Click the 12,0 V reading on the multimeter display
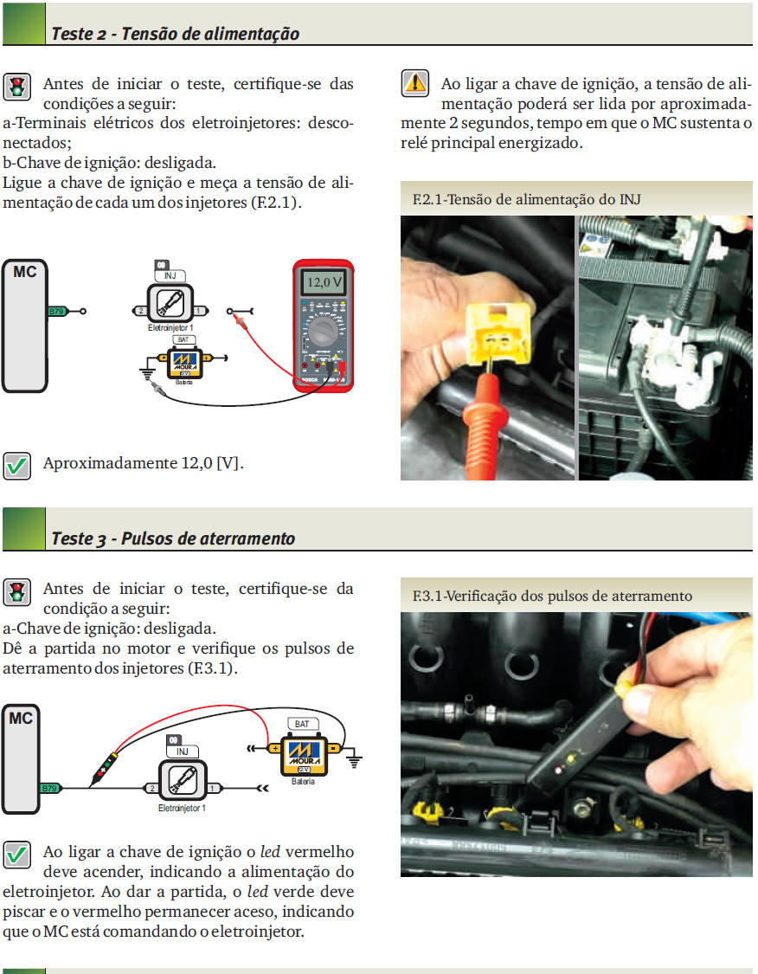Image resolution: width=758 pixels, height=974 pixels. [322, 282]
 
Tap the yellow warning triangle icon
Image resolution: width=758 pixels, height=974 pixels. [415, 83]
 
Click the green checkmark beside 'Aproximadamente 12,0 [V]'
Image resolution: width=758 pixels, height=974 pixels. [16, 465]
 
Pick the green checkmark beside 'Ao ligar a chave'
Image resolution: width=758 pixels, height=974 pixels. [16, 855]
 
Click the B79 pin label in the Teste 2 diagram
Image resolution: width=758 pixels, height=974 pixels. [55, 310]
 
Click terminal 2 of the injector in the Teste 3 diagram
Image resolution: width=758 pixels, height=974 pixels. [152, 788]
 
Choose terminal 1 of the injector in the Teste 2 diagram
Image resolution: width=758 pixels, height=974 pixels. [199, 311]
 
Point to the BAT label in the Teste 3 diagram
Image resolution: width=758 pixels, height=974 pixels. [301, 724]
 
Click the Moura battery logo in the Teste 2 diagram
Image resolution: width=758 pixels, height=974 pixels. [181, 361]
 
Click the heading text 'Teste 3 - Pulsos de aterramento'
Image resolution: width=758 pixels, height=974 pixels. [173, 539]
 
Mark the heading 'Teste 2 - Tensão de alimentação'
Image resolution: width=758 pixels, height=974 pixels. [175, 34]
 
